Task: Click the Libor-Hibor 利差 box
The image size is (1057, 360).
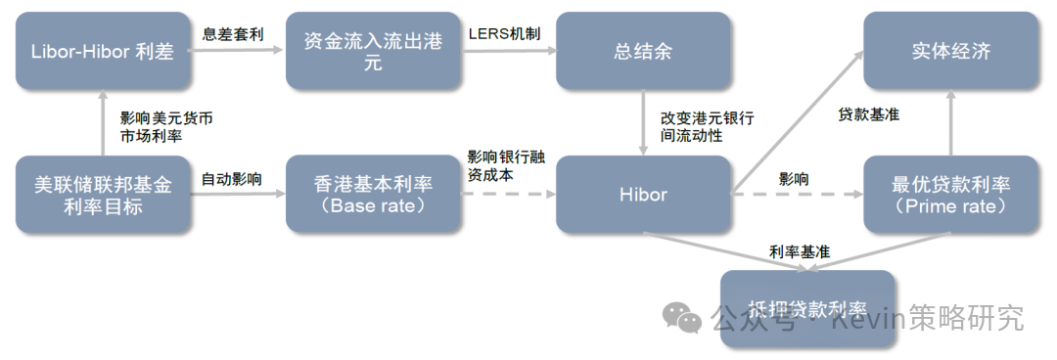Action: (x=103, y=51)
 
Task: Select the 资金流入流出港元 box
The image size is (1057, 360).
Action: (x=372, y=51)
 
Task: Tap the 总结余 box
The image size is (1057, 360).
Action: (x=642, y=51)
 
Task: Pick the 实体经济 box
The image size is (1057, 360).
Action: (x=951, y=51)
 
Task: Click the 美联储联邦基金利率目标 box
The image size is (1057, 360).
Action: (x=103, y=195)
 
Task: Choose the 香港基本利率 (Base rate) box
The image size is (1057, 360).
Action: (x=372, y=195)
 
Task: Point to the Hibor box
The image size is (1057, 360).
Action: (x=642, y=195)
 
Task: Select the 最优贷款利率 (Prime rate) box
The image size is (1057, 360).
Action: (x=951, y=195)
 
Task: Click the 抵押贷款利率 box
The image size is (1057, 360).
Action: (x=806, y=308)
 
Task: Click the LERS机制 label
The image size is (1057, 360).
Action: (x=503, y=32)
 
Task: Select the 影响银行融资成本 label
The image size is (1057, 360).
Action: (x=503, y=166)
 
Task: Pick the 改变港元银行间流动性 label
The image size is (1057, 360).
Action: (x=707, y=126)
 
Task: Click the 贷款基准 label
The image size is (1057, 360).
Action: (x=868, y=115)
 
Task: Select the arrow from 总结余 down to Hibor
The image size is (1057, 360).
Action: (x=642, y=122)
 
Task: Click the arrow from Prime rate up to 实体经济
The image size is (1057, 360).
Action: (x=951, y=122)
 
